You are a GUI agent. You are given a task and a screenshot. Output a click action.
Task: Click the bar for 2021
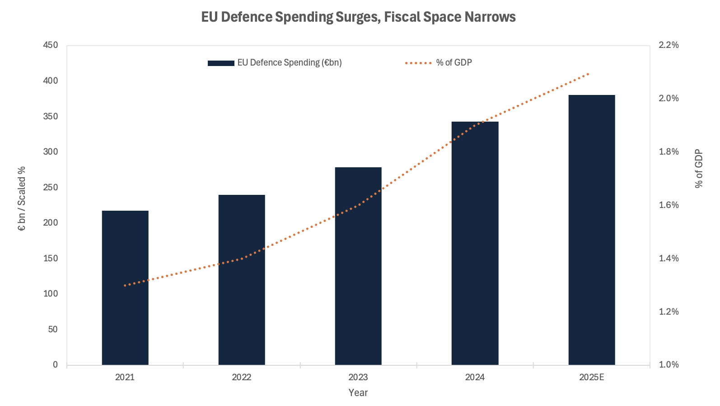click(125, 288)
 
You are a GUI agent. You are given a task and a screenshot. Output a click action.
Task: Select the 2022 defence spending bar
click(242, 280)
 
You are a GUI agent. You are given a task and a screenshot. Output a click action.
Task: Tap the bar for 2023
click(358, 266)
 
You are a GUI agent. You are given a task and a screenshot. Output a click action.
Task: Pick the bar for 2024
click(475, 243)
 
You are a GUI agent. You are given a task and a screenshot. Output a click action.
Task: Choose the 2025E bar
click(592, 230)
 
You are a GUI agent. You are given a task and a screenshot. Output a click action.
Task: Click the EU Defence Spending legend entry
click(275, 63)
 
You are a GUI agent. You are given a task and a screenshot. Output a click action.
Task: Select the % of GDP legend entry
click(439, 63)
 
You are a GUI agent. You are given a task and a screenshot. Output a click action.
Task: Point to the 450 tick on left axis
click(51, 45)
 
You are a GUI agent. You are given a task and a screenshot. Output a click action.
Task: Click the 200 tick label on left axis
click(51, 222)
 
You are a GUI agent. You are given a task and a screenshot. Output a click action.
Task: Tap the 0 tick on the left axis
click(55, 364)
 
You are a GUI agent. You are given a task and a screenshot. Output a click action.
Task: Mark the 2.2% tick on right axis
click(669, 45)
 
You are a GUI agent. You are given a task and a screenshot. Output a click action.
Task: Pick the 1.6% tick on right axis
click(669, 205)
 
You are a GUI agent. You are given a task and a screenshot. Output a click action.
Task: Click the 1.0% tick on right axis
click(669, 364)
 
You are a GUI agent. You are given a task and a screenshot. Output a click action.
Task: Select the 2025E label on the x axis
click(592, 377)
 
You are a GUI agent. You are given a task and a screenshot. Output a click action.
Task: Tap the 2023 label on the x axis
click(358, 377)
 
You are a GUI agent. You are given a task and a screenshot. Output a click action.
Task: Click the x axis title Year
click(358, 392)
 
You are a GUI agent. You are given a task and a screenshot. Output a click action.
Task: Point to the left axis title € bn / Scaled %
click(22, 198)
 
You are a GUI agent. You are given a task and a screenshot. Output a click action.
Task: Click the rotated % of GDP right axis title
click(699, 169)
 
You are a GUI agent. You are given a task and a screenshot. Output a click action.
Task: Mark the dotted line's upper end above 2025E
click(588, 74)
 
